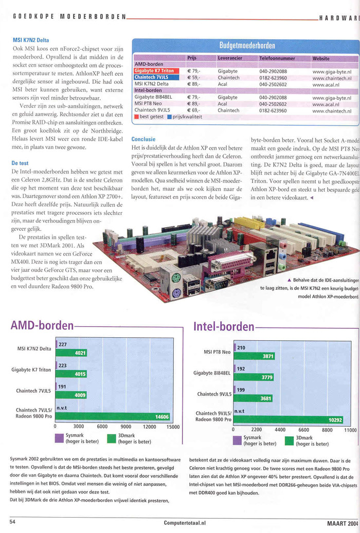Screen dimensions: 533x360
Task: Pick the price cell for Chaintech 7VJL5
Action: (193, 78)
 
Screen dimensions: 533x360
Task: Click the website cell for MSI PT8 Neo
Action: (331, 104)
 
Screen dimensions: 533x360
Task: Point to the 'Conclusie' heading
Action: (143, 139)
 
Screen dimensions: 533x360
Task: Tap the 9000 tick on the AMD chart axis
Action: (125, 427)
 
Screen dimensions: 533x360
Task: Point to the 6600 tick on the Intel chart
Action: (303, 430)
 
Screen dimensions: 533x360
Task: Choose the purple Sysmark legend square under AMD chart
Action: (59, 438)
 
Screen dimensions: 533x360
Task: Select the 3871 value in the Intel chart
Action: (265, 356)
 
